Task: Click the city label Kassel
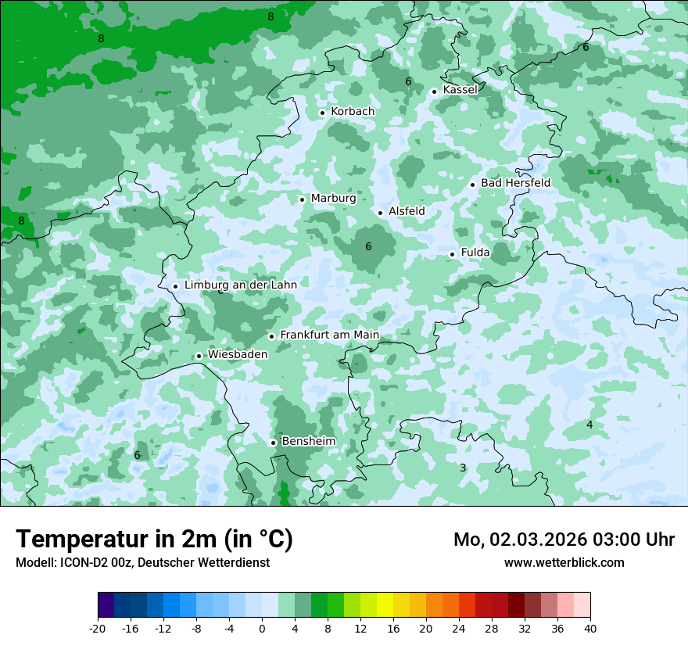click(x=460, y=90)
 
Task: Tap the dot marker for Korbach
click(x=322, y=113)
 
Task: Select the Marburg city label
click(x=333, y=199)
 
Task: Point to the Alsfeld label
click(x=407, y=211)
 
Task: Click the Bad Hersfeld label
click(x=515, y=183)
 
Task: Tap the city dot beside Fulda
click(x=452, y=254)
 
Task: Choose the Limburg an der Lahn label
click(x=240, y=285)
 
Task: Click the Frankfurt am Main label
click(x=329, y=335)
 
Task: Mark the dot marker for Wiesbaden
click(x=199, y=356)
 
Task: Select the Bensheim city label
click(x=308, y=442)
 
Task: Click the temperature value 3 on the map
click(x=463, y=468)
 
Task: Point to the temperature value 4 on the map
click(x=589, y=425)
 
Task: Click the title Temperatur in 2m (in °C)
click(x=154, y=540)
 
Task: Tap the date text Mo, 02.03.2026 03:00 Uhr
click(x=564, y=540)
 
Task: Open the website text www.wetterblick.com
click(x=564, y=562)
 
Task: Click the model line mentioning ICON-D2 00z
click(x=142, y=562)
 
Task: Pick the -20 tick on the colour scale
click(x=98, y=628)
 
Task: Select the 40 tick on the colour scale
click(x=590, y=628)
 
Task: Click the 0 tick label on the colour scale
click(x=262, y=628)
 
